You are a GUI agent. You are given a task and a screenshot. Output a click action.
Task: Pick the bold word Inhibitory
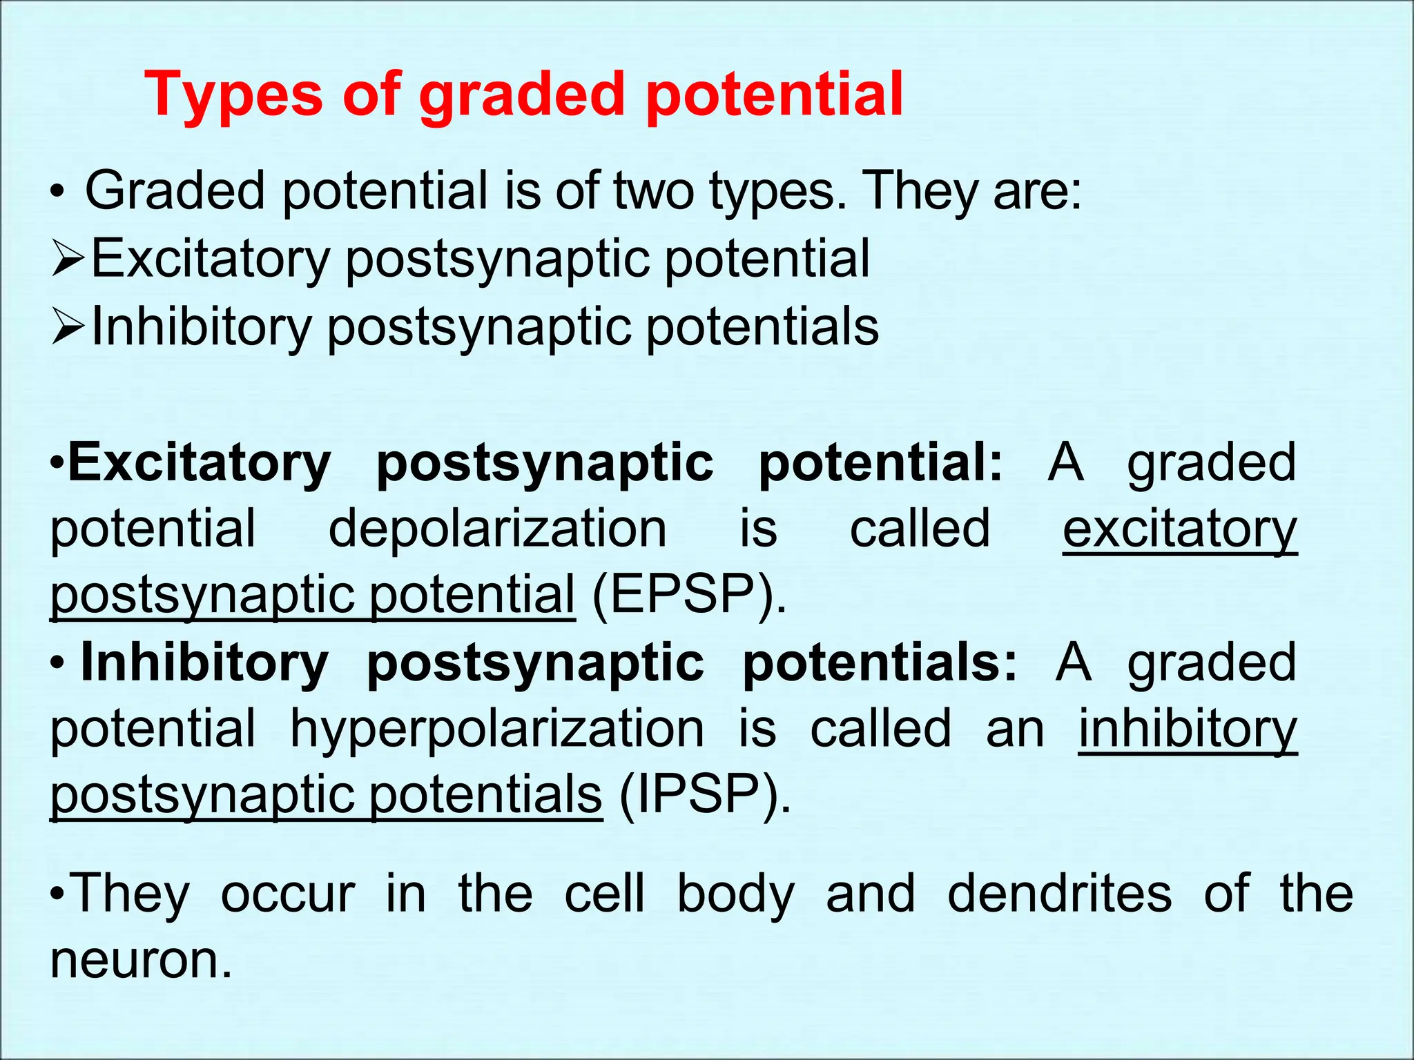click(x=204, y=663)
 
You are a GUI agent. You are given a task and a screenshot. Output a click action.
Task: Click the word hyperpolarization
click(x=497, y=729)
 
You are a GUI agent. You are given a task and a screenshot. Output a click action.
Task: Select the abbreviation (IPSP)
click(x=704, y=795)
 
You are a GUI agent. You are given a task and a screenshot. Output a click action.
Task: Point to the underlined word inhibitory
click(x=1188, y=729)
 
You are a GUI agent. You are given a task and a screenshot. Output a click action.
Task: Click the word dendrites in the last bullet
click(x=1059, y=893)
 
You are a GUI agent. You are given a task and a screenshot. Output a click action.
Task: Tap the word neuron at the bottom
click(x=141, y=961)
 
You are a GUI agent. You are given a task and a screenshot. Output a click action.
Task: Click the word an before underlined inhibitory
click(x=1015, y=730)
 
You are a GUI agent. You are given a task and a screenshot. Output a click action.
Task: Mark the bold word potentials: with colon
click(x=879, y=663)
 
